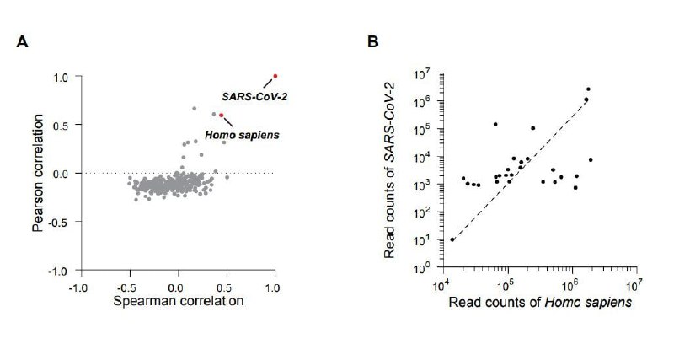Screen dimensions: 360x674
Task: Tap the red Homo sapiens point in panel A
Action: coord(222,116)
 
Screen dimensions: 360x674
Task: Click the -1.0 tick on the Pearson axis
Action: coord(56,271)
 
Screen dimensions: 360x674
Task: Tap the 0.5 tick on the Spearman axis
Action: coord(227,287)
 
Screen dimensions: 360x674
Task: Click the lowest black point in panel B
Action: coord(452,239)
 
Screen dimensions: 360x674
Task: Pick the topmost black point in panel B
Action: coord(588,89)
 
